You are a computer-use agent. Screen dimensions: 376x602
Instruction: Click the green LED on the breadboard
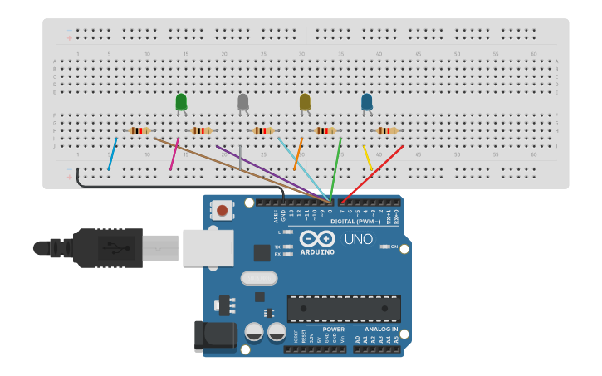181,102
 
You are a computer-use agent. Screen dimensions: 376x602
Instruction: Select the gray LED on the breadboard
242,102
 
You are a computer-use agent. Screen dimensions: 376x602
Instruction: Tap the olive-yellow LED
305,102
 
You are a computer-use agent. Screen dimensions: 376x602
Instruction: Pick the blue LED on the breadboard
366,102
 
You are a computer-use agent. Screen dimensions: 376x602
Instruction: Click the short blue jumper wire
112,154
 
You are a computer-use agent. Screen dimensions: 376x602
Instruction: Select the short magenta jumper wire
174,154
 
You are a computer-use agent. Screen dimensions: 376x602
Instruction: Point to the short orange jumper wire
298,154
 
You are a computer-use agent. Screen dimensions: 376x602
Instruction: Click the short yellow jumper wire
368,159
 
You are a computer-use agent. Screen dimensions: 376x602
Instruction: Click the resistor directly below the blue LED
386,130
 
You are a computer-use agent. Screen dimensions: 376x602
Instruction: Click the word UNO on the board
359,240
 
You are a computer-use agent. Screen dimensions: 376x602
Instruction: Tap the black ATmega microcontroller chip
344,308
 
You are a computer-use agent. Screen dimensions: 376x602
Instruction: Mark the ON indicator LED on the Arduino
384,247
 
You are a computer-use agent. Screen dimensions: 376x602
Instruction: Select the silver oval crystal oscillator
258,278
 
